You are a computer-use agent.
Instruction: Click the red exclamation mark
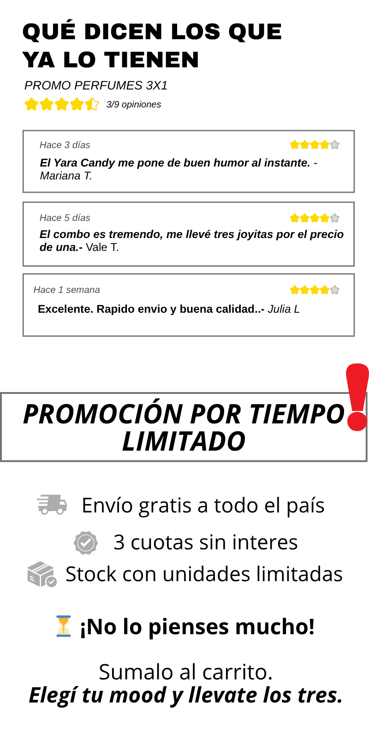(357, 397)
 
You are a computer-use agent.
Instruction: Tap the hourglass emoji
(64, 626)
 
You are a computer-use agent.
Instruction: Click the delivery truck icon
(52, 505)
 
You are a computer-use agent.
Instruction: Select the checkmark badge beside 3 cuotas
(86, 542)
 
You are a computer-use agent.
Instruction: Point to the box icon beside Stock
(42, 574)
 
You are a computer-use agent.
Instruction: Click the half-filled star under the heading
(92, 104)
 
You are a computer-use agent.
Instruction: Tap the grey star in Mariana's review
(335, 145)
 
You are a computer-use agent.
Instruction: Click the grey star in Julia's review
(335, 290)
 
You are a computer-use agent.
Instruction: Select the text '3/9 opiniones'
(133, 104)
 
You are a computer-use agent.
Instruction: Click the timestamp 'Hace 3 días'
(65, 145)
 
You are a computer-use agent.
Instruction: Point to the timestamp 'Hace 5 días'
(65, 218)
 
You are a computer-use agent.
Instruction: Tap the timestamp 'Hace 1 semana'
(66, 290)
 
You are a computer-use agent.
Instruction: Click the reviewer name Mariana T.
(66, 176)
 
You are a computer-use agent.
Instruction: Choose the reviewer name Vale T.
(102, 247)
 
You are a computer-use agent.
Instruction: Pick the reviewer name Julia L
(284, 309)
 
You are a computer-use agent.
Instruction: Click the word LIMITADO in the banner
(184, 441)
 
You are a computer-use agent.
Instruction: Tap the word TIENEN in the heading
(152, 60)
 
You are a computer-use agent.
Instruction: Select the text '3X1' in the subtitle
(157, 86)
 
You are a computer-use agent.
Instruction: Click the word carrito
(237, 672)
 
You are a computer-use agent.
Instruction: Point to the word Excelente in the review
(65, 309)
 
